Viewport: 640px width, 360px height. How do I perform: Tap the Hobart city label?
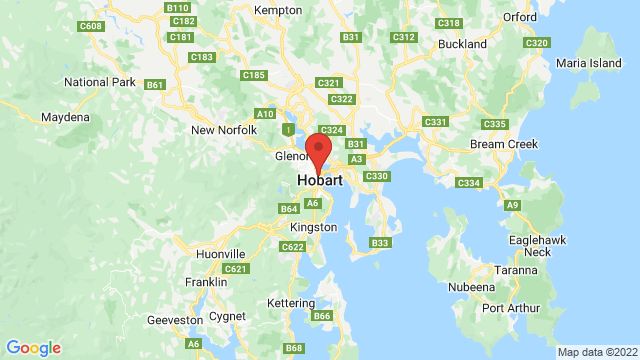point(320,181)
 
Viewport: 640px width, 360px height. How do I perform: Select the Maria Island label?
point(590,63)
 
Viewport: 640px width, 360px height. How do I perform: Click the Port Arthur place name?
point(513,308)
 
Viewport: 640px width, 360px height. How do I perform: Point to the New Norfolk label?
point(223,130)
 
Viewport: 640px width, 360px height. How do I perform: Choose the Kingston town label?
point(315,228)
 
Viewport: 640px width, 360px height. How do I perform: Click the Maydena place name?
point(65,118)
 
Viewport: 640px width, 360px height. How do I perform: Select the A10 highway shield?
point(265,114)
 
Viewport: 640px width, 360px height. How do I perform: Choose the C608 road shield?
point(90,25)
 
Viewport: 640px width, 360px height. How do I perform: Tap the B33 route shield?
point(380,243)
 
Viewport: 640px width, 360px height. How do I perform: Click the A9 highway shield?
point(513,205)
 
